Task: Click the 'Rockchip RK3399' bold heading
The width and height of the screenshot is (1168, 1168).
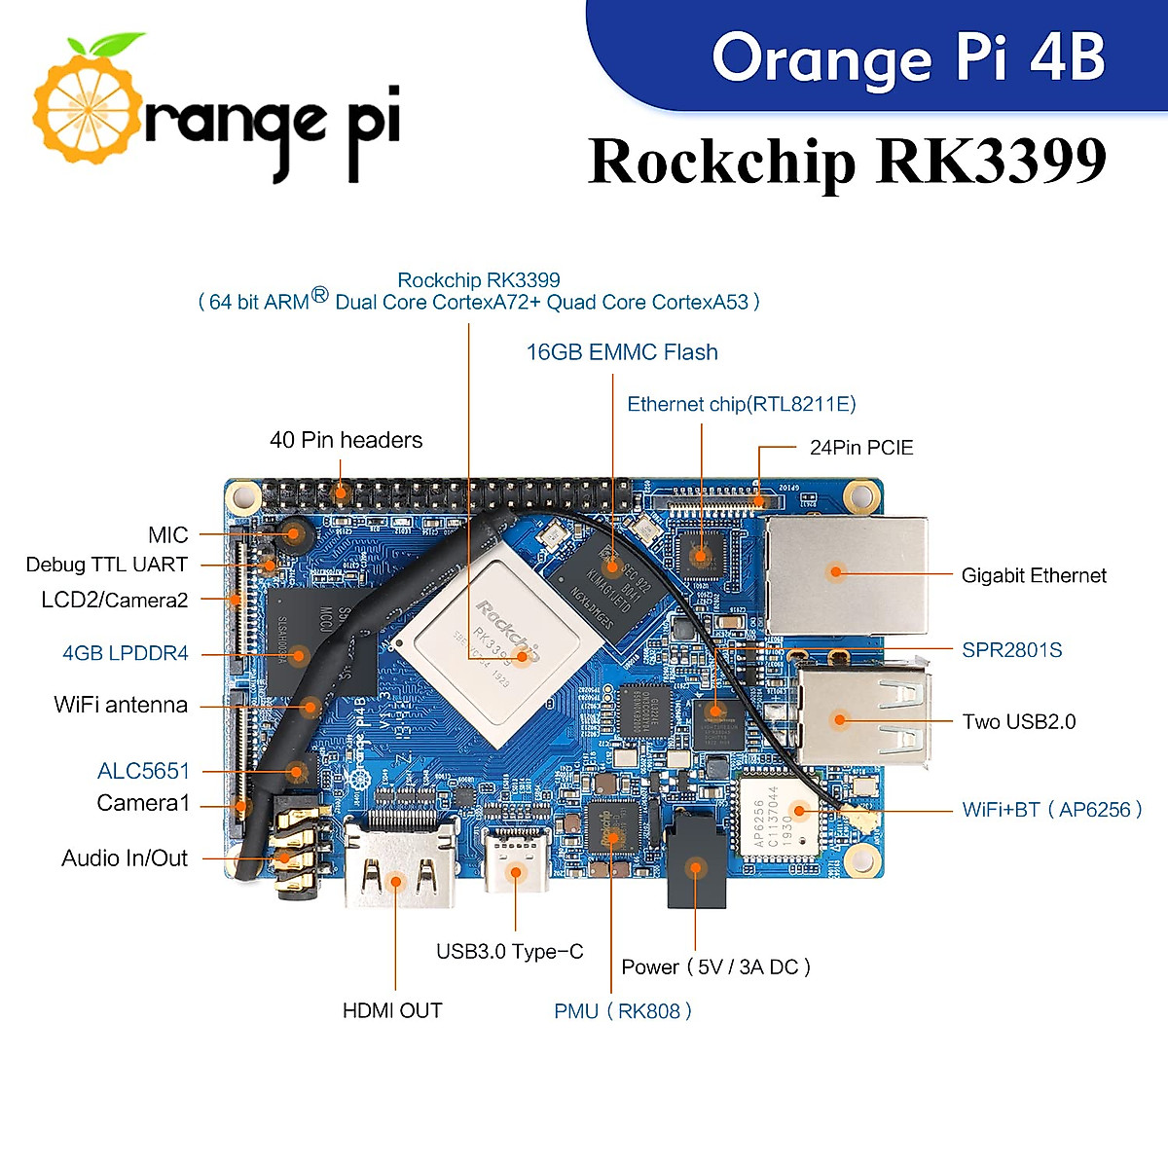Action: click(848, 161)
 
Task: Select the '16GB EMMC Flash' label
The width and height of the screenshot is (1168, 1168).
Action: click(622, 352)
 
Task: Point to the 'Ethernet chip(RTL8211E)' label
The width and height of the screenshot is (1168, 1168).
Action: click(742, 404)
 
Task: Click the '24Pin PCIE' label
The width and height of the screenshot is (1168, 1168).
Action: click(861, 448)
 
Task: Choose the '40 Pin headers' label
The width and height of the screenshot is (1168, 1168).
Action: click(346, 440)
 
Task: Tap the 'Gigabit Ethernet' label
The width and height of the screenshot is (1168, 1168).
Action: click(1034, 575)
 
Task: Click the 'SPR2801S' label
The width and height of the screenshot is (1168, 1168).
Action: click(1011, 650)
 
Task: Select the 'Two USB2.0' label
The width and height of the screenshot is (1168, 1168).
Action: click(1019, 721)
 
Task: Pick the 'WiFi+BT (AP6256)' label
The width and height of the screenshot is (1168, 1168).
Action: click(1051, 810)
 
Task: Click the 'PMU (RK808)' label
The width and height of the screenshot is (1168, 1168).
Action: click(623, 1011)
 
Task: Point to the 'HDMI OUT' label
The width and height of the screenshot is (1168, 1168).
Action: click(392, 1011)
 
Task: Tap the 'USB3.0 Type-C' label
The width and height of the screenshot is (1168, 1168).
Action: click(509, 952)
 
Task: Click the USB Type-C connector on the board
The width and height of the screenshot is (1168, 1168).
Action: click(516, 861)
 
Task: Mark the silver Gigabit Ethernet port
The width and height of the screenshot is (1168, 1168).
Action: click(845, 574)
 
